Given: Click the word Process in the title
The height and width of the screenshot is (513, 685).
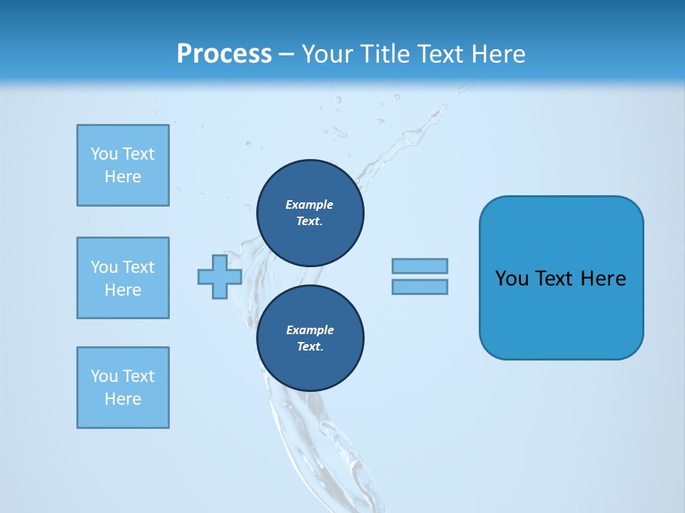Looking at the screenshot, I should pos(224,54).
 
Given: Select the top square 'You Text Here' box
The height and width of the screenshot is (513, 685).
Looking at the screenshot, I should pos(123,165).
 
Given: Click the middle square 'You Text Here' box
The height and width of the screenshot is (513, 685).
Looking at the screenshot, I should pos(123,278).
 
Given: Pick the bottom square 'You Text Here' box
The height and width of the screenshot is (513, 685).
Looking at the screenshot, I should pos(123,388).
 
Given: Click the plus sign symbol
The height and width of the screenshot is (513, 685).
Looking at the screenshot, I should pos(220,276).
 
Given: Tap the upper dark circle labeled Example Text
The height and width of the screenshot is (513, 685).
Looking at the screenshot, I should pos(310,213).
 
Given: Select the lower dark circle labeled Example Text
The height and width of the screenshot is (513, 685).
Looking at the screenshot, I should pos(310,338).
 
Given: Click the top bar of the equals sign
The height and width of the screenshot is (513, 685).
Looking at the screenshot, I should pos(420,266).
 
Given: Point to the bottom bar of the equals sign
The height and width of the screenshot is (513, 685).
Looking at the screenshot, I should pos(420,286).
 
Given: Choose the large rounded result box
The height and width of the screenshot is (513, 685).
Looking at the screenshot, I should pos(561,278).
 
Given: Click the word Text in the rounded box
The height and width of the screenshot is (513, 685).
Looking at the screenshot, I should pos(554,279).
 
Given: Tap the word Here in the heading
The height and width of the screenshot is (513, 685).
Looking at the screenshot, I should pos(499,54).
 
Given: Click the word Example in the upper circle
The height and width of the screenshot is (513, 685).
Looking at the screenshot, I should pos(310,204).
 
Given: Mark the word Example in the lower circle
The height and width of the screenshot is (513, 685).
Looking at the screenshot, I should pos(310,330).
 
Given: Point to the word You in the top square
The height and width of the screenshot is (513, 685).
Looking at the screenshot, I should pos(104,154).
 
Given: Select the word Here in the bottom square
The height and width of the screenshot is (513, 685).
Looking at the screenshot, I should pos(123,399).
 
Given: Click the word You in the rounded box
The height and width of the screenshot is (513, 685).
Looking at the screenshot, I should pos(512,279).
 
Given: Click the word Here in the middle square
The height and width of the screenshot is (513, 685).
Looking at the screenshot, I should pos(123,290).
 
